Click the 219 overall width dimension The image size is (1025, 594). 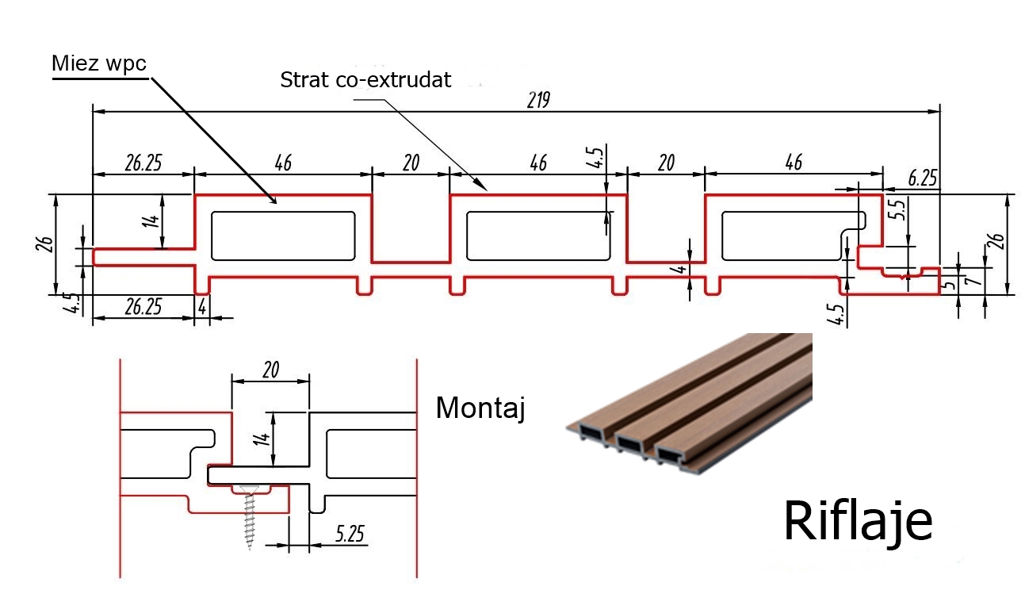[538, 100]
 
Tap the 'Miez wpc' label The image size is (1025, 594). [99, 63]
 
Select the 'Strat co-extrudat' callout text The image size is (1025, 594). [365, 79]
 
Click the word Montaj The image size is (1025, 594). [480, 408]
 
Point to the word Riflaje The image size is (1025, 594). [858, 522]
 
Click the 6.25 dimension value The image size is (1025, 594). [922, 178]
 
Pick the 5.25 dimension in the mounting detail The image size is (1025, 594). [350, 534]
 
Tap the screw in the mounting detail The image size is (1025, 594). [250, 516]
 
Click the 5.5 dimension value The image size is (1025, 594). [899, 210]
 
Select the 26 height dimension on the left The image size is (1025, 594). [44, 244]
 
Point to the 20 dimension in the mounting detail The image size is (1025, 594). [270, 370]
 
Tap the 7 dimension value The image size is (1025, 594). [975, 277]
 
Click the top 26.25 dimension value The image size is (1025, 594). [143, 163]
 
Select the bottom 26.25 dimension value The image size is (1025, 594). [143, 307]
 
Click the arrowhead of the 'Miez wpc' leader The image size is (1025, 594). [274, 201]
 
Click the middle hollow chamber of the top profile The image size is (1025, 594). [538, 236]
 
